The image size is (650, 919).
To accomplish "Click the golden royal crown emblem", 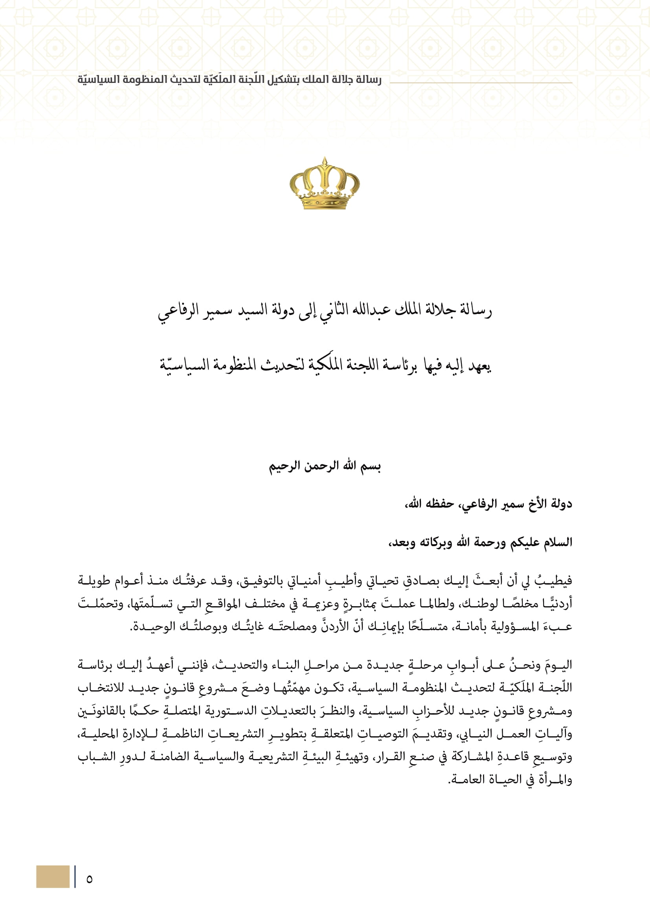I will click(x=325, y=184).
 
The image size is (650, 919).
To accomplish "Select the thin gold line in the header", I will click(x=480, y=83).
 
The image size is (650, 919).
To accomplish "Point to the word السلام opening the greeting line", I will click(x=557, y=543).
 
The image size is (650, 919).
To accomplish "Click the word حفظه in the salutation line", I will click(x=439, y=504).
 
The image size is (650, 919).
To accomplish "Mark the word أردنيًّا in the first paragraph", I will click(x=557, y=603).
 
